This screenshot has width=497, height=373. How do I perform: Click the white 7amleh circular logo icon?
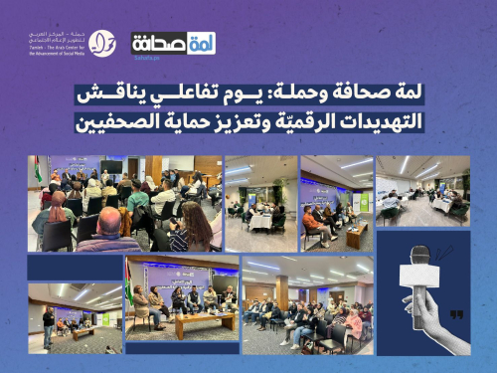pos(102,43)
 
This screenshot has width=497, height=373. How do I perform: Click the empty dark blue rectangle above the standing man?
pos(74,266)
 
